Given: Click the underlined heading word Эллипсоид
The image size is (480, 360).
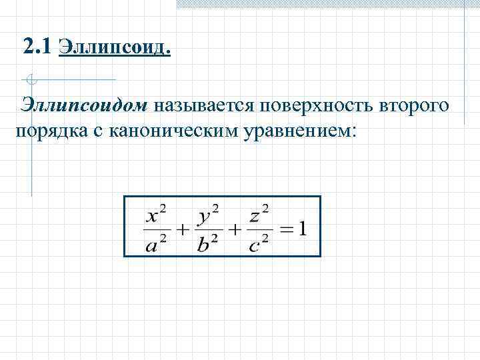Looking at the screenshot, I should (x=115, y=48).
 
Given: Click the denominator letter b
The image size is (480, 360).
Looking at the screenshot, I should (x=204, y=244).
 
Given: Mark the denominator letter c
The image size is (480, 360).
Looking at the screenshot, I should (x=253, y=245).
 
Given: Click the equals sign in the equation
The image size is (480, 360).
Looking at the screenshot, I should (x=285, y=230).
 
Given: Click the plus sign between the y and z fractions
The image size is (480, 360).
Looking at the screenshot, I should (x=234, y=230).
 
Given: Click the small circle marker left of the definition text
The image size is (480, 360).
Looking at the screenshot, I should (x=31, y=81).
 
